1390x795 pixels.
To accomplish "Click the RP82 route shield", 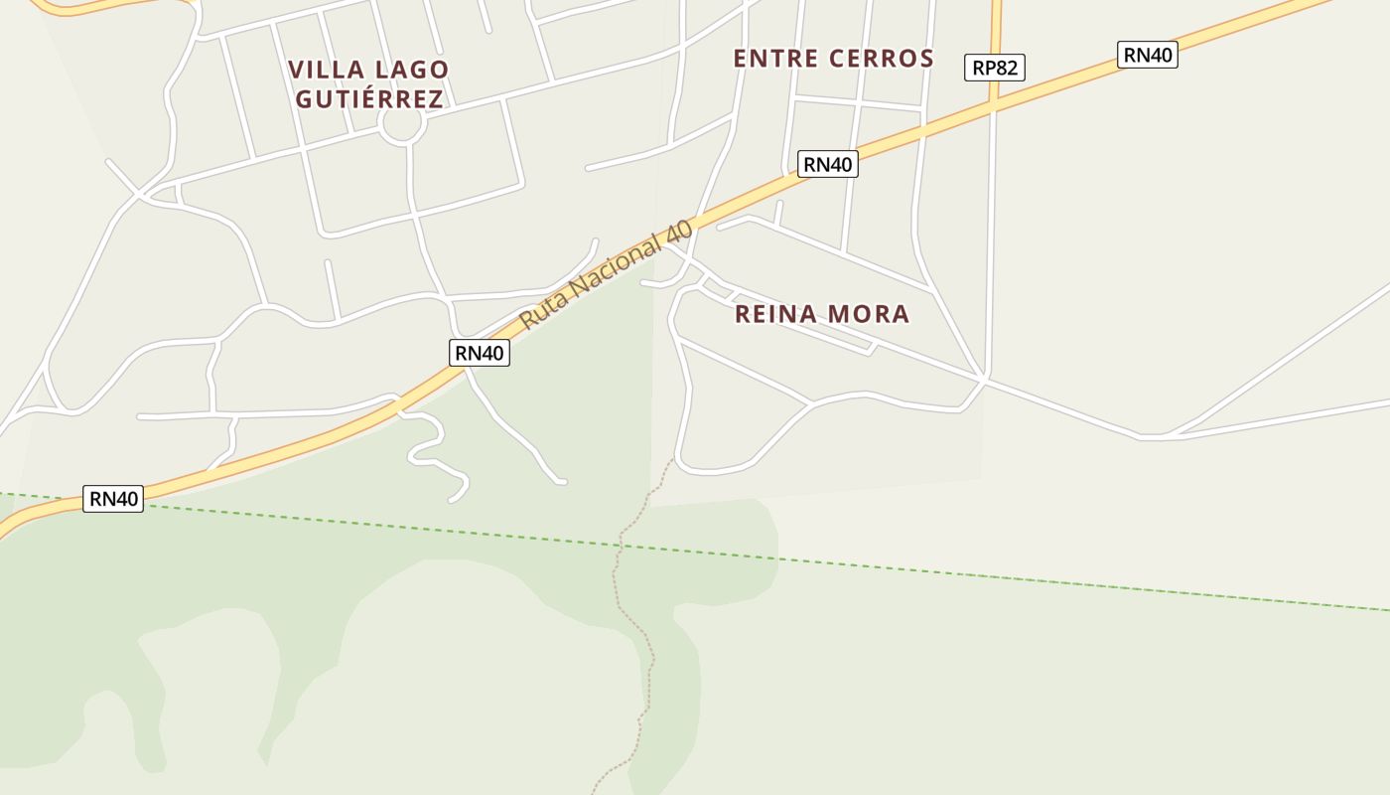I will [x=994, y=68].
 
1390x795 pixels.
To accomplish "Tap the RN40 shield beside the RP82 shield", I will [x=1148, y=55].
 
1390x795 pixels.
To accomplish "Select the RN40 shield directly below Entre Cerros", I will [x=827, y=164].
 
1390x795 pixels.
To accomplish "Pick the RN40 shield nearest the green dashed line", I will [x=114, y=499].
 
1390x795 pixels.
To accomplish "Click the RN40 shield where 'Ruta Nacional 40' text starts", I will [x=479, y=352].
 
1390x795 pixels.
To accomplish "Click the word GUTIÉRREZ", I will [x=369, y=99].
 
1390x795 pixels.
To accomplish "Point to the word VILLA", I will [x=326, y=70].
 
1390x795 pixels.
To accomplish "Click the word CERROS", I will [x=884, y=59].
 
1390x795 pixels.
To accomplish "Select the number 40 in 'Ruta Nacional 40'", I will [x=678, y=231].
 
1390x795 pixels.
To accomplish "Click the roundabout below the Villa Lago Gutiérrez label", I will [x=402, y=125].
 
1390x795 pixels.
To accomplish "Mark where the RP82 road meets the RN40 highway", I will [x=993, y=102].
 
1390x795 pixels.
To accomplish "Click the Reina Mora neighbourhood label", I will [x=821, y=314].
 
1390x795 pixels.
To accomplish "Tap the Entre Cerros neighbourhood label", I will [x=833, y=59].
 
